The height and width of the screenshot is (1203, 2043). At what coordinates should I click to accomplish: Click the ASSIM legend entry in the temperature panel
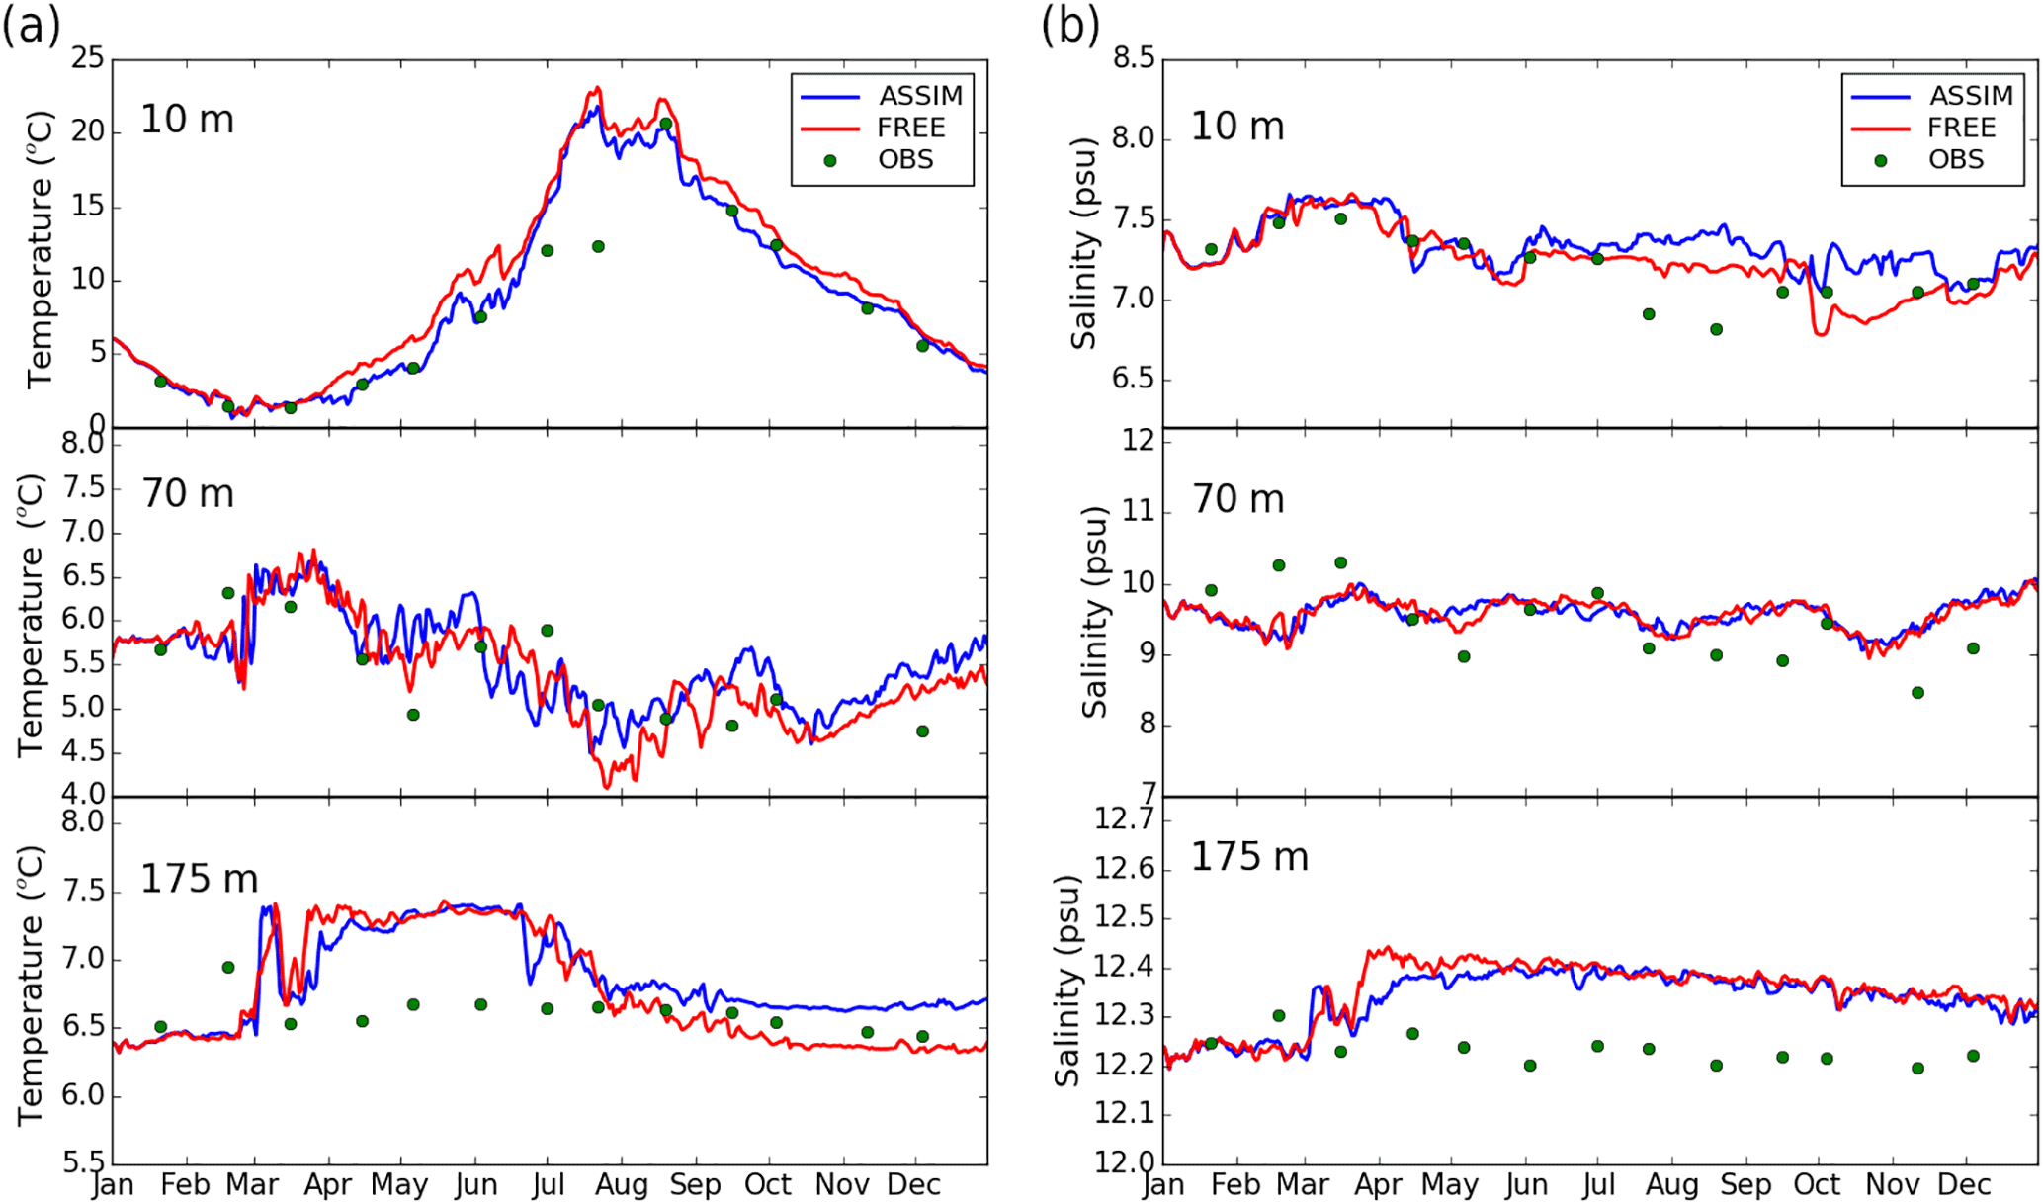(920, 96)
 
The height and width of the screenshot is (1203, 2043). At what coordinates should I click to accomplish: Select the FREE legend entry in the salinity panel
(1961, 128)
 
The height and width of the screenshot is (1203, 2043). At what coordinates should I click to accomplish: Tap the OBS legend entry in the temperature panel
(905, 160)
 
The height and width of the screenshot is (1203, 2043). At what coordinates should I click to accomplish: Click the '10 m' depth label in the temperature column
(187, 120)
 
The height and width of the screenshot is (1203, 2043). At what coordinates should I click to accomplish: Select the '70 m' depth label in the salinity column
(1237, 499)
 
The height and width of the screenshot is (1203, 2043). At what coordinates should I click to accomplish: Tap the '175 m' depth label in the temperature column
(199, 879)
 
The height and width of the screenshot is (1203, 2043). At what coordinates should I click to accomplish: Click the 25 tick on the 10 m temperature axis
(87, 58)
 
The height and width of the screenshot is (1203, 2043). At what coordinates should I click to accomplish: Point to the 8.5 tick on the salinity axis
(1133, 58)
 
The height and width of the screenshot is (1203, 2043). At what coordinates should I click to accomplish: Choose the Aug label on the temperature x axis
(622, 1184)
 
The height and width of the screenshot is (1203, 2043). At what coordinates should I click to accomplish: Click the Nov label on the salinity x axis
(1892, 1184)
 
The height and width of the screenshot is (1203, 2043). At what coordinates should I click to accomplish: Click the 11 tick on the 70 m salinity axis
(1139, 511)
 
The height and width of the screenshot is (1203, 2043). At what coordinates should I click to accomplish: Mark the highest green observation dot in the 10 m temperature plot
(666, 124)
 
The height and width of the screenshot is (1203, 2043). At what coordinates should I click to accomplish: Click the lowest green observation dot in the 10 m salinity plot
(1717, 329)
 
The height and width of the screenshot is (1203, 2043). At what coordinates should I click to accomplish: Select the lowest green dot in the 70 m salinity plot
(1917, 692)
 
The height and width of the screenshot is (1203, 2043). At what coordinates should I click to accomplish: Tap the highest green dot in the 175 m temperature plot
(228, 967)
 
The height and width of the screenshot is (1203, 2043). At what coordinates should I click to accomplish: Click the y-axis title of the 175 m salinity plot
(1067, 981)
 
